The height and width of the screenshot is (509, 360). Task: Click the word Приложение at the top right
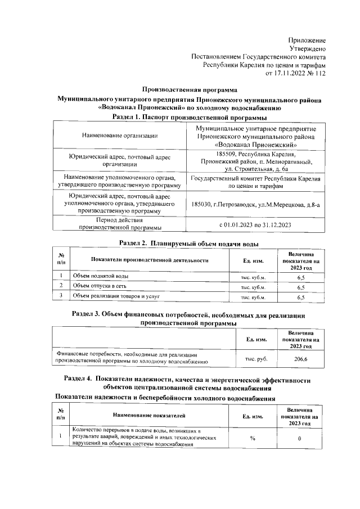point(307,40)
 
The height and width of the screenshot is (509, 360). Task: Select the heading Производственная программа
point(190,90)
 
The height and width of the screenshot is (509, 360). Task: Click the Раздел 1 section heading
point(189,117)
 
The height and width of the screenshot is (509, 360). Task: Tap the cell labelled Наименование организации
point(119,135)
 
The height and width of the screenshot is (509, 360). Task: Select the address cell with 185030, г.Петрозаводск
point(256,205)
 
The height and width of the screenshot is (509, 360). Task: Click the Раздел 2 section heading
point(190,243)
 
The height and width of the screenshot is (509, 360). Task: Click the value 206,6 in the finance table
point(300,359)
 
